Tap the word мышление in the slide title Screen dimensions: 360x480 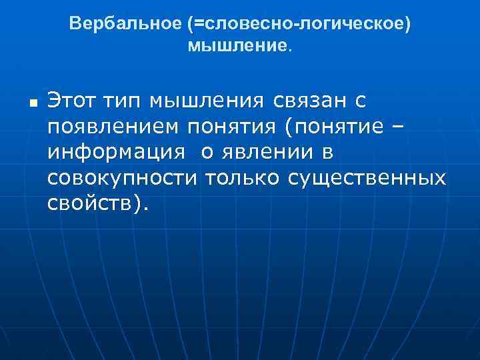click(x=237, y=45)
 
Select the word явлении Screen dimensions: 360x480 click(x=263, y=153)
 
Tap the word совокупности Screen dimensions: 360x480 click(x=123, y=178)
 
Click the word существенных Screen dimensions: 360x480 click(x=367, y=178)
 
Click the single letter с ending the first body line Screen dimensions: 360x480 click(x=361, y=101)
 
